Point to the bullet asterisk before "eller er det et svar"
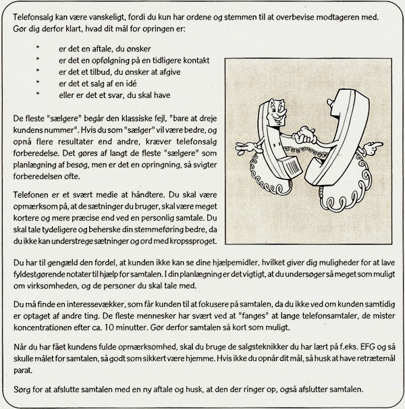pyautogui.click(x=38, y=95)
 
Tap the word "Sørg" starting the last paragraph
pyautogui.click(x=23, y=389)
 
